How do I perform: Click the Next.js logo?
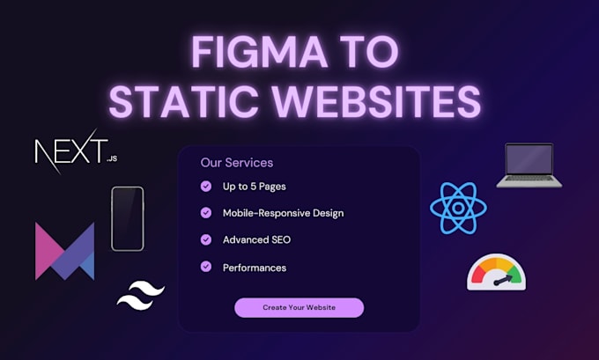tap(70, 153)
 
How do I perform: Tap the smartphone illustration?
tap(127, 218)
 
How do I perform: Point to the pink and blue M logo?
tap(64, 251)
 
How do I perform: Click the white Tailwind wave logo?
tap(142, 295)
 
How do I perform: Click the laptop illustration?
tap(529, 165)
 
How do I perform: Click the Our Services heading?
tap(237, 163)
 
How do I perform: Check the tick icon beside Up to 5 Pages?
tap(206, 187)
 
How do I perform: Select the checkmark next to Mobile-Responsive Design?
tap(206, 213)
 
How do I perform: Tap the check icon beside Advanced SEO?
tap(206, 239)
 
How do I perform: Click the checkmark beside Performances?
tap(206, 267)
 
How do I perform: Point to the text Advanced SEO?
tap(256, 240)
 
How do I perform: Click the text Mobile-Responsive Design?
tap(283, 213)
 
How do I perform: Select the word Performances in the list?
tap(254, 268)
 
